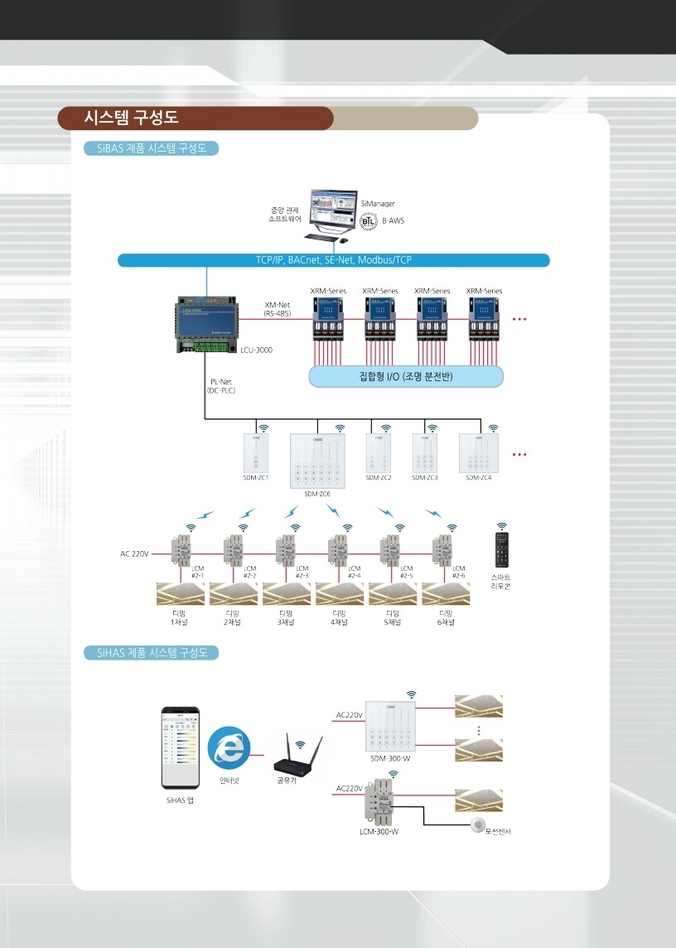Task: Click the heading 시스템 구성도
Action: pos(131,118)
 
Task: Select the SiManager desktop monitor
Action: pos(334,210)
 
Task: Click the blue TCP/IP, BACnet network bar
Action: pos(334,260)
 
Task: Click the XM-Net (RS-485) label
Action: pos(278,309)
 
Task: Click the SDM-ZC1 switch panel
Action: pos(256,453)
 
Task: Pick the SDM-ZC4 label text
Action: pos(478,477)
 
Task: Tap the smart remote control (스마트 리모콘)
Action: pos(501,549)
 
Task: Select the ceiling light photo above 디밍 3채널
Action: pos(287,594)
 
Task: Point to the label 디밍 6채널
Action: pos(446,617)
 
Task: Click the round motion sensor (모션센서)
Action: pos(477,825)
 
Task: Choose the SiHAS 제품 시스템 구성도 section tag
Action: pos(152,653)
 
